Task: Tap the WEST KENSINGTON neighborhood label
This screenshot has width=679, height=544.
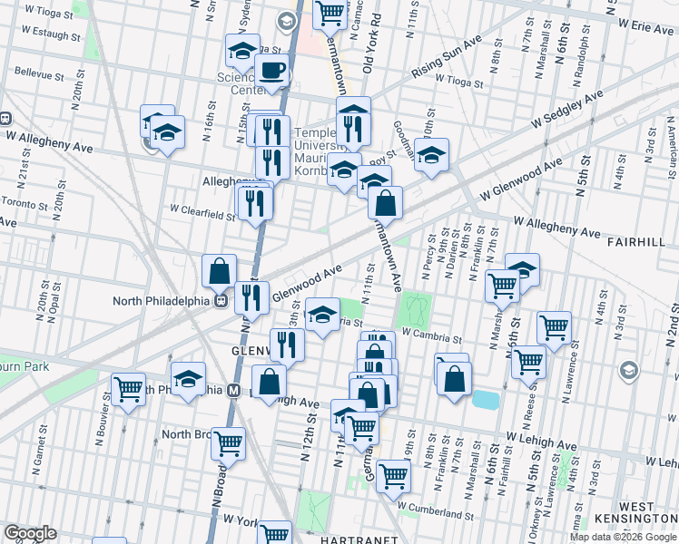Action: click(648, 514)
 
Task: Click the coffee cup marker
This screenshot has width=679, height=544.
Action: click(271, 70)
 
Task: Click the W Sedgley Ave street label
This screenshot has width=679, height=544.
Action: click(567, 108)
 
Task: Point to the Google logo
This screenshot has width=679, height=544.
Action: click(30, 533)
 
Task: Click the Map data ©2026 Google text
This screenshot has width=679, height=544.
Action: click(623, 537)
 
